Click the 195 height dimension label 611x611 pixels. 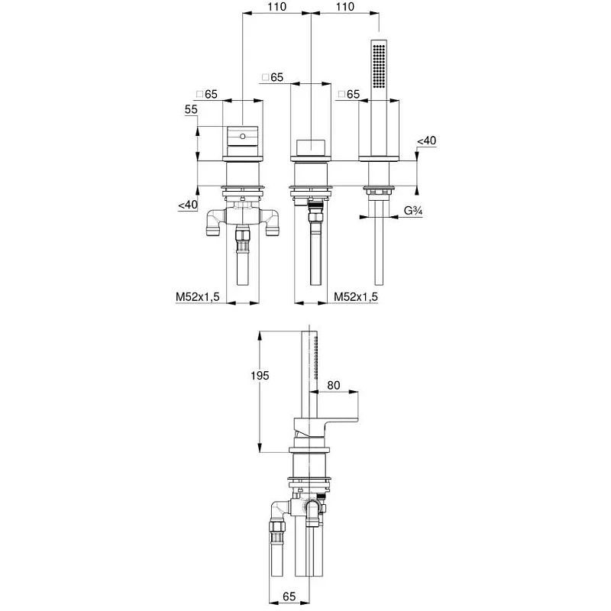pos(260,375)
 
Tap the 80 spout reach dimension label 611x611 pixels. pos(334,385)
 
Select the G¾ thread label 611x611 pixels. pos(413,211)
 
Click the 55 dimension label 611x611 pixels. pos(191,109)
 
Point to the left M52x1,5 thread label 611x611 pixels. pos(198,297)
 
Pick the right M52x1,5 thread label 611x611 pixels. pos(356,297)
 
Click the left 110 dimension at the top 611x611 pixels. pos(276,7)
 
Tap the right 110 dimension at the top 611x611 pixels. pos(345,7)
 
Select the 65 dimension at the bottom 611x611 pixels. pos(289,596)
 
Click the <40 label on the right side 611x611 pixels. pos(427,141)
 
